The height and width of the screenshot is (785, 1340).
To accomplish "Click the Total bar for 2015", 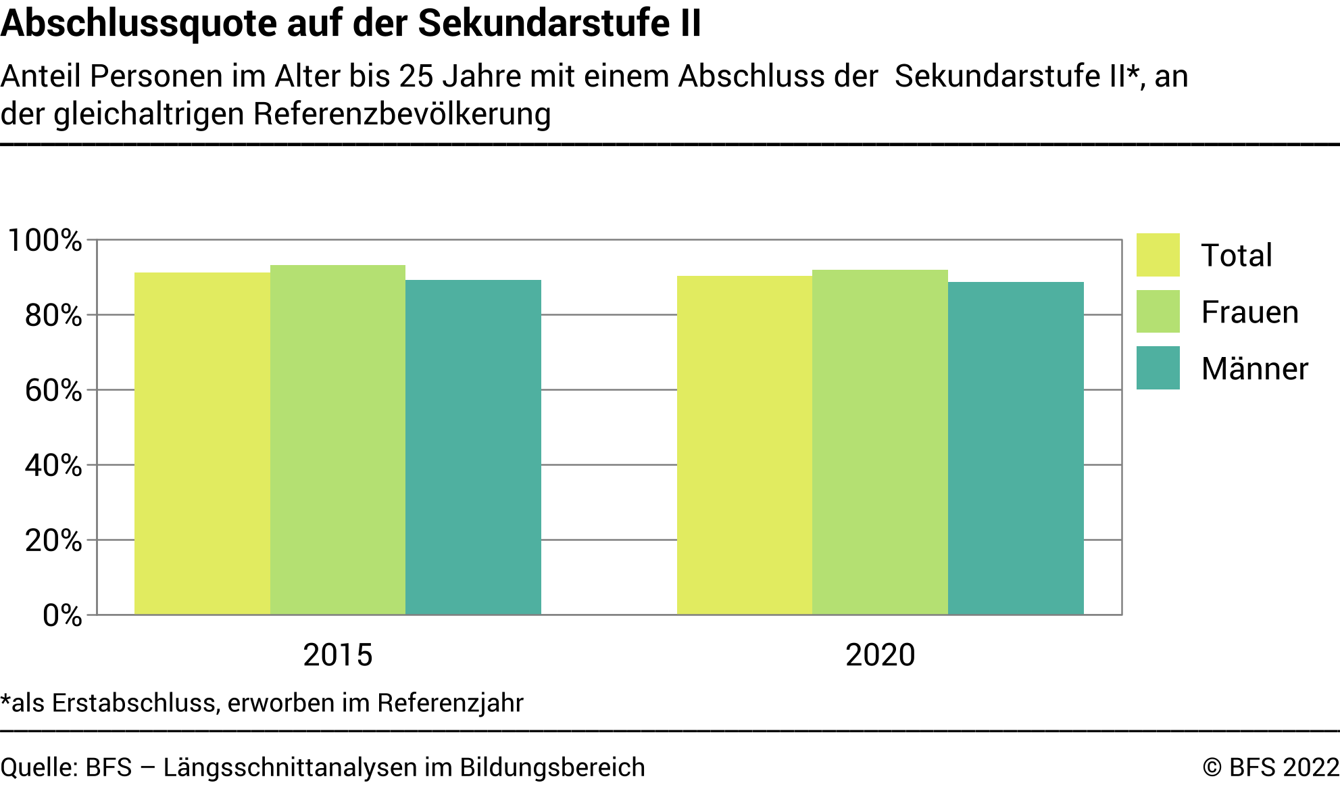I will (202, 444).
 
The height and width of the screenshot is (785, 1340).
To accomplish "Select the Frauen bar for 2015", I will (338, 439).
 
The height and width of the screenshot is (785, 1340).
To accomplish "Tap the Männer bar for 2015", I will (473, 447).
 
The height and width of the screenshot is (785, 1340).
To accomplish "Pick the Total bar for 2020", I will (744, 445).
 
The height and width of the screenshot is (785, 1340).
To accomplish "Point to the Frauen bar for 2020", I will (880, 442).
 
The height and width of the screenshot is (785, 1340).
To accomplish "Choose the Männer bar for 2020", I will (1016, 448).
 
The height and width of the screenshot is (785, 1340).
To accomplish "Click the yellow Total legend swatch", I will (1158, 255).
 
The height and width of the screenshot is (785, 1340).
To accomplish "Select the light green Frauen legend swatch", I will (1158, 312).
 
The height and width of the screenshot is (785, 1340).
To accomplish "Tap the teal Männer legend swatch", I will (1158, 368).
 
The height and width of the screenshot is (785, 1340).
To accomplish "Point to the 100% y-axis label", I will (45, 241).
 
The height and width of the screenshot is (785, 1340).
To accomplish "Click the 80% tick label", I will (53, 316).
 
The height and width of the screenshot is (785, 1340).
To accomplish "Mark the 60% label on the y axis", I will (53, 391).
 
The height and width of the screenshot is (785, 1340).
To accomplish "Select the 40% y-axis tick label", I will (53, 466).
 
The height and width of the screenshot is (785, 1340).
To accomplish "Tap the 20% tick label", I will (53, 541).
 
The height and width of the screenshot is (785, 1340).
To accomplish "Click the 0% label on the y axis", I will (61, 616).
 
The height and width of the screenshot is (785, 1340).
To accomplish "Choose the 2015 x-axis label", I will (338, 655).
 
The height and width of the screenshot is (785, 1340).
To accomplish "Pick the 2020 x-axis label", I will (880, 655).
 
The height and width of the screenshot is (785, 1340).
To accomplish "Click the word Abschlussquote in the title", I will (139, 24).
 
